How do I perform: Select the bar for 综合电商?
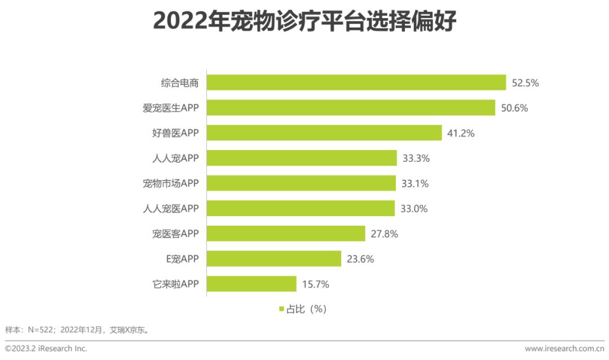point(356,82)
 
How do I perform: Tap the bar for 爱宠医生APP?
point(351,108)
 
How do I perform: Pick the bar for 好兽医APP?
point(324,133)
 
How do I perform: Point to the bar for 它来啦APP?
point(251,284)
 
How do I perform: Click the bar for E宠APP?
point(274,259)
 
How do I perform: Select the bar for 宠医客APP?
point(286,234)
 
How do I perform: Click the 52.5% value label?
point(526,83)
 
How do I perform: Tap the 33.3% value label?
point(416,159)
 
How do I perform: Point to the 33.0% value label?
point(414,209)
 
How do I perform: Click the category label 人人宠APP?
point(175,159)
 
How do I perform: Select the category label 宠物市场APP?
point(171,183)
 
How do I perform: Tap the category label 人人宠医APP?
point(171,209)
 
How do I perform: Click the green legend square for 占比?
point(281,309)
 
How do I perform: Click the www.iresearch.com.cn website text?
point(564,348)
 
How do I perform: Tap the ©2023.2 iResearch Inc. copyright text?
point(46,348)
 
